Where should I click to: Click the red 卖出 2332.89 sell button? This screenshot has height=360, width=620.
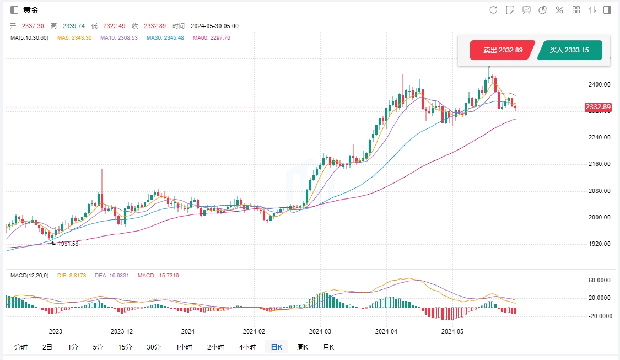503,50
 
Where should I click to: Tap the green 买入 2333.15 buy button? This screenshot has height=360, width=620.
569,50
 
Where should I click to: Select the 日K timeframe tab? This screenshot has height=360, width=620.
276,347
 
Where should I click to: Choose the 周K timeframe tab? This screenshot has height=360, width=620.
303,347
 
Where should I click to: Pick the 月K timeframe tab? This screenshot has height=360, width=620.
328,347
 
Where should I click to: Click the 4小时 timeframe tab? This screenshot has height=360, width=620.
247,347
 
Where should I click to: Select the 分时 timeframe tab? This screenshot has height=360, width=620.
20,347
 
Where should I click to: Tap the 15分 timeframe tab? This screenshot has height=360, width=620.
125,347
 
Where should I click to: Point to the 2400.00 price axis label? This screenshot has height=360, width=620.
600,84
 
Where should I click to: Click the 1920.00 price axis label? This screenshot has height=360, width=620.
600,244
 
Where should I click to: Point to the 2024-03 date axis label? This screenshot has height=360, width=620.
320,331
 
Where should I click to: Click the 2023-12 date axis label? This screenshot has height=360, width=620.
122,331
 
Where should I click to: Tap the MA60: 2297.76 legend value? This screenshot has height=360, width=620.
212,37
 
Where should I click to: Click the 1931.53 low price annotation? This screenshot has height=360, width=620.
67,244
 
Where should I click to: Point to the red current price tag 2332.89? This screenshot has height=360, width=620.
598,107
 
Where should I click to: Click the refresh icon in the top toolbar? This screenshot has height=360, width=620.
493,10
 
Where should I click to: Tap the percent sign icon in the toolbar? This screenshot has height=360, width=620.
559,10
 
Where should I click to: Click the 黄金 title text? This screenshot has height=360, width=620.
31,10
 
